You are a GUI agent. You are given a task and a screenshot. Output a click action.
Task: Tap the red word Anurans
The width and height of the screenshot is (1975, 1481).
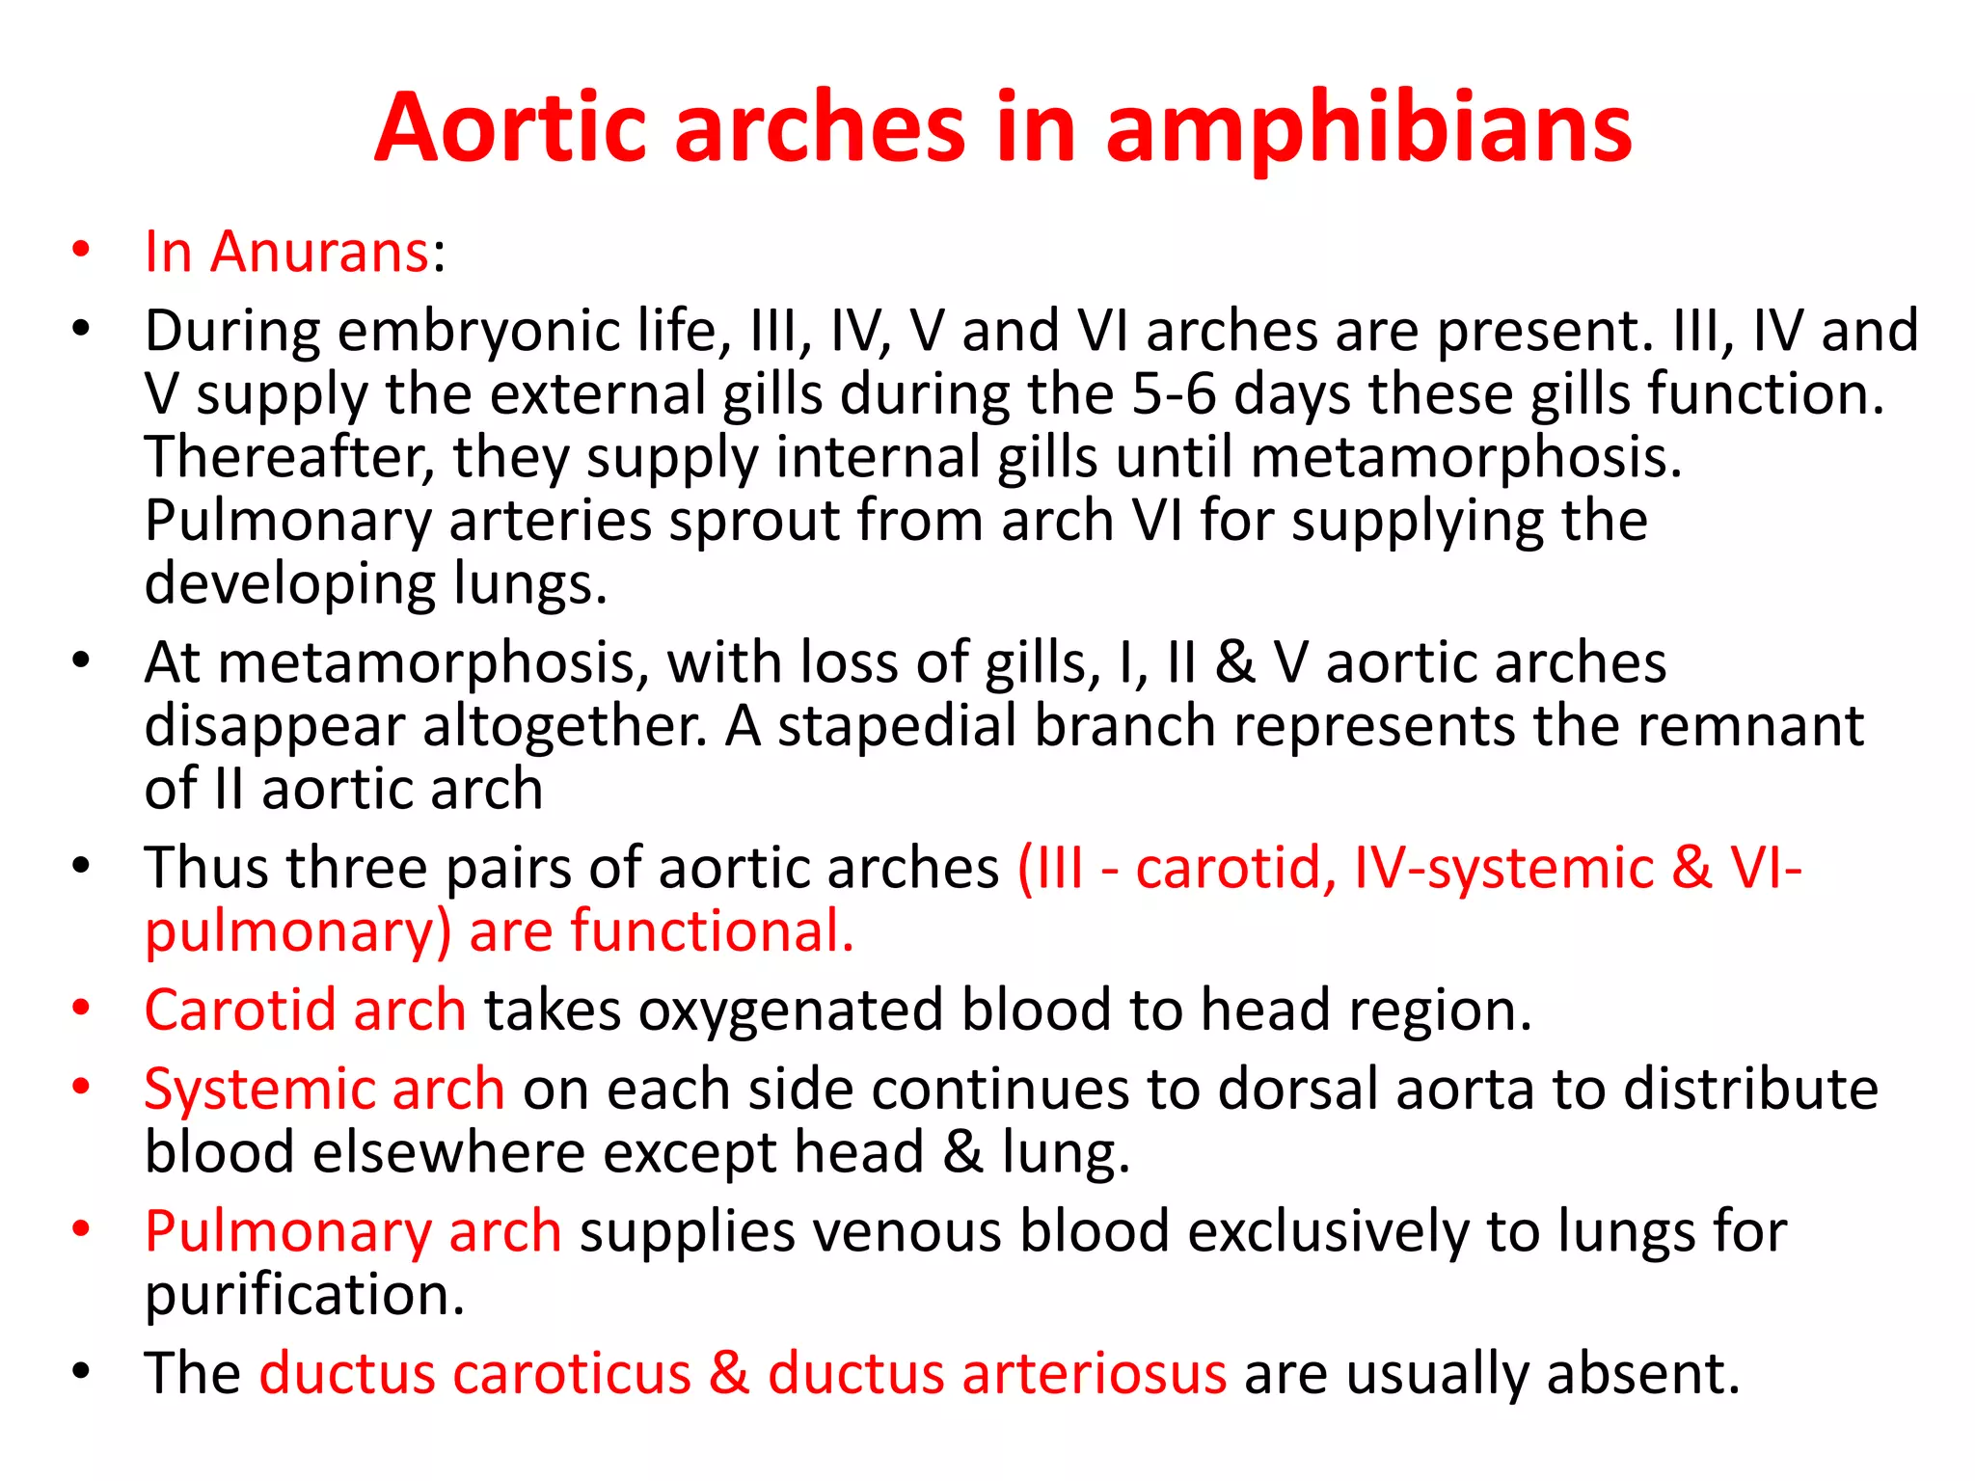(x=319, y=252)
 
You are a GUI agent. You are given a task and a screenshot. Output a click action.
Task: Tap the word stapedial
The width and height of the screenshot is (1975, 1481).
(x=897, y=725)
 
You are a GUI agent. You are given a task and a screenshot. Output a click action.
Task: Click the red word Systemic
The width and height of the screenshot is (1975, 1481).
(x=258, y=1090)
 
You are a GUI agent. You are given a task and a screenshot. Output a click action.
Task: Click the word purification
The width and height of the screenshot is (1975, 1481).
(x=305, y=1295)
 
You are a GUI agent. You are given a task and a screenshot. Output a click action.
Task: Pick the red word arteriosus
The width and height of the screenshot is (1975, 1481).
(x=1094, y=1373)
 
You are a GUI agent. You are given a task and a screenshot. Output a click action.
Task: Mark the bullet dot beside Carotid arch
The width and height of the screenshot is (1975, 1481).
(x=81, y=1009)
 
